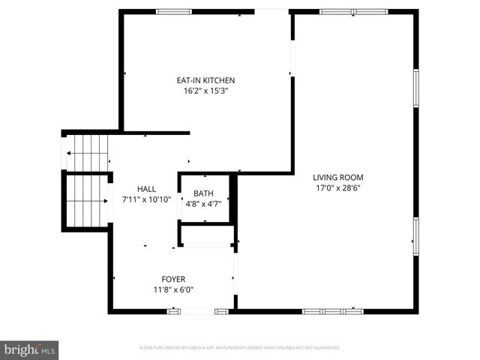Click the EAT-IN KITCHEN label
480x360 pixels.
[x=205, y=80]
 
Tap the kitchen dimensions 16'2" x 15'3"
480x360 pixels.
[x=205, y=91]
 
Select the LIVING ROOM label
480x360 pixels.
[x=337, y=178]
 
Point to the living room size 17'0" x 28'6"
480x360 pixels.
[x=337, y=188]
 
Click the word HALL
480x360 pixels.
[x=146, y=189]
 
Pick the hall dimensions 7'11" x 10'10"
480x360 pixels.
[x=146, y=200]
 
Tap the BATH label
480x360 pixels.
[x=203, y=194]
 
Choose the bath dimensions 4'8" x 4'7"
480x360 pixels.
[x=203, y=205]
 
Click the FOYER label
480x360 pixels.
[x=173, y=279]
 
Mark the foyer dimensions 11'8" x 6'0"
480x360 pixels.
[x=173, y=289]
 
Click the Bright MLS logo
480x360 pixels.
[x=30, y=349]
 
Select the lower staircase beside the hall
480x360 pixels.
[x=87, y=201]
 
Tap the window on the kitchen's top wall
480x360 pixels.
[x=174, y=11]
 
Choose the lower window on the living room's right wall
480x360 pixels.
[x=415, y=237]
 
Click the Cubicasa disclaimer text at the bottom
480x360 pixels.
[x=240, y=348]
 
